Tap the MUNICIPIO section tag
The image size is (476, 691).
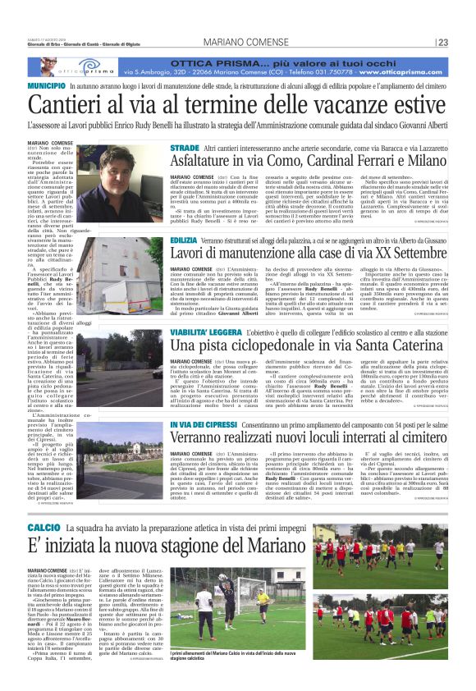(46, 85)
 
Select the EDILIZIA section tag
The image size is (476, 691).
(187, 239)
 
